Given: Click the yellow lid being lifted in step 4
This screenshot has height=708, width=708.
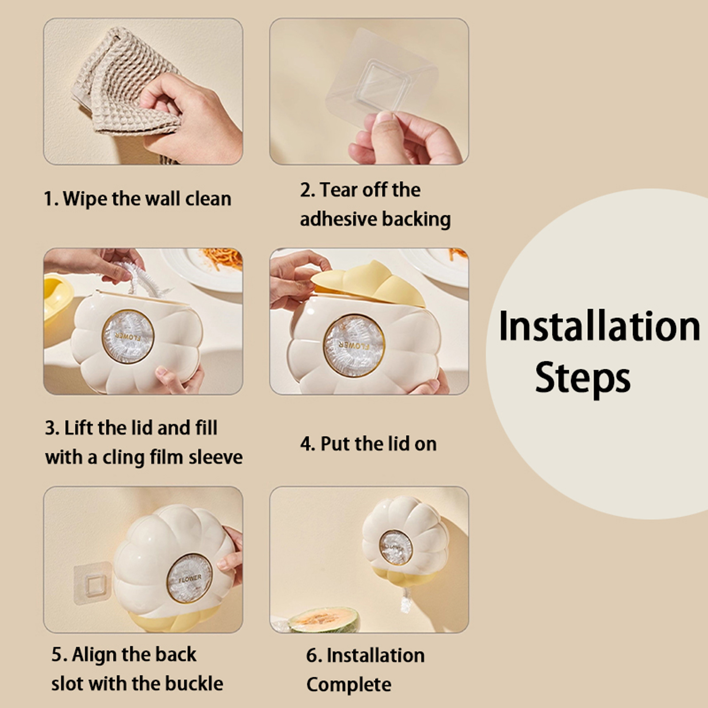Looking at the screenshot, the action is (x=369, y=284).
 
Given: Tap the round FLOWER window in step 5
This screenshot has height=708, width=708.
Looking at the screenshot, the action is (x=189, y=577).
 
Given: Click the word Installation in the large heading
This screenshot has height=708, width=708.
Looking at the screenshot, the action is (x=599, y=326).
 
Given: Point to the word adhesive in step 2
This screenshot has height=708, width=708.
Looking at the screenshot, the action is (x=338, y=219).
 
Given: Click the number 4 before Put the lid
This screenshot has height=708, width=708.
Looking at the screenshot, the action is (x=306, y=444).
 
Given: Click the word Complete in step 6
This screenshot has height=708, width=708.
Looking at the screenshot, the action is (x=349, y=685).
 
